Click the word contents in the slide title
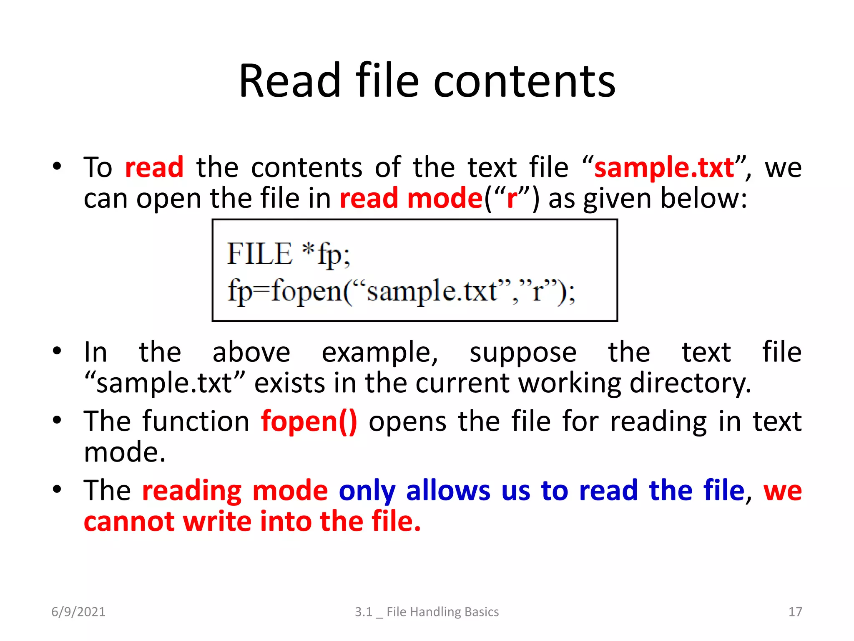(x=524, y=81)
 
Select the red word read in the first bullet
(x=154, y=167)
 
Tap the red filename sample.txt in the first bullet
(x=664, y=167)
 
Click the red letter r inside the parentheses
(x=512, y=199)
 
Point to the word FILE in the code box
(x=259, y=254)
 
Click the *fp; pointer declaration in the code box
(x=327, y=255)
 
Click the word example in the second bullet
(x=379, y=353)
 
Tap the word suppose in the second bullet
(x=523, y=353)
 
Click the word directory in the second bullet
(x=690, y=383)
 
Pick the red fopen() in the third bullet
(x=309, y=421)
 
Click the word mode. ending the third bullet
(x=125, y=452)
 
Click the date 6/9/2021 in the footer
(x=78, y=612)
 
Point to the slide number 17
(x=795, y=612)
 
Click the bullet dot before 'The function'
(x=57, y=420)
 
